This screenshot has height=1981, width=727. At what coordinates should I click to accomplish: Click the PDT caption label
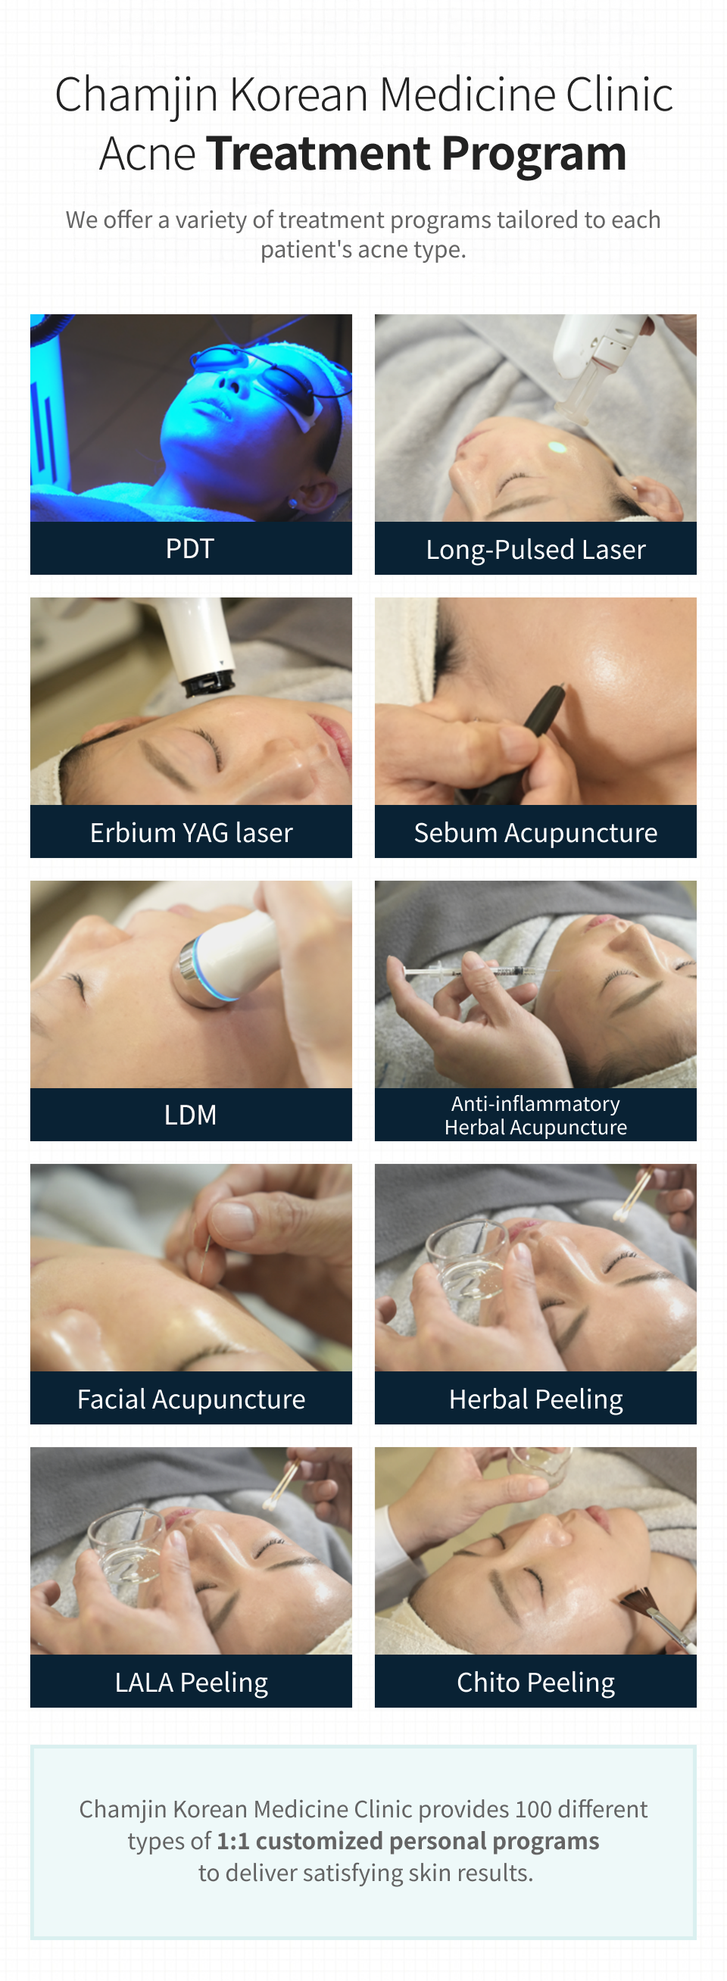(190, 548)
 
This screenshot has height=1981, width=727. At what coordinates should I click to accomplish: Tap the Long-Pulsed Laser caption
(535, 549)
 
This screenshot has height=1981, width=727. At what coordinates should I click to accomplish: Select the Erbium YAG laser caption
(191, 832)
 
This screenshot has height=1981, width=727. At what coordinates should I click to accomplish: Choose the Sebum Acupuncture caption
(535, 832)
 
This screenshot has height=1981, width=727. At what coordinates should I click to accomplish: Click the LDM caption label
(190, 1115)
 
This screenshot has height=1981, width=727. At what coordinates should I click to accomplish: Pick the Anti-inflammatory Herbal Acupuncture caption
(535, 1115)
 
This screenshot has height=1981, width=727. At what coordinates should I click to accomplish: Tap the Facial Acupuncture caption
(191, 1399)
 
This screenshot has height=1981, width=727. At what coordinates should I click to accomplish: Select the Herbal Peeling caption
(535, 1399)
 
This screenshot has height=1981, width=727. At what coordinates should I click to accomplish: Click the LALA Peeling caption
(191, 1682)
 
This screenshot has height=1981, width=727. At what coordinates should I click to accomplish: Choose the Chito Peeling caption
(535, 1682)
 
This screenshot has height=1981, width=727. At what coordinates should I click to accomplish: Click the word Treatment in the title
(320, 153)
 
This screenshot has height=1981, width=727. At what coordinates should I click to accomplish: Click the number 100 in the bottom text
(534, 1809)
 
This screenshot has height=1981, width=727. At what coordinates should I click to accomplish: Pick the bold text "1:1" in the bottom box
(232, 1841)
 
